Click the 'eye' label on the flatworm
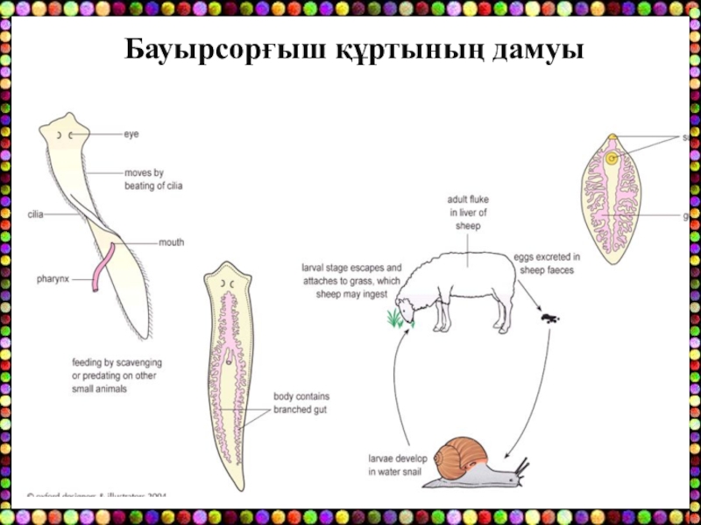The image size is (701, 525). tap(131, 134)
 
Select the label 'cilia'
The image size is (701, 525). tap(36, 213)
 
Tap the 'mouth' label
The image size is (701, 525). tap(171, 242)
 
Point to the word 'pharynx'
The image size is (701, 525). tap(53, 280)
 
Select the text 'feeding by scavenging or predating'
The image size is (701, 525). tap(117, 375)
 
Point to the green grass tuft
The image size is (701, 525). tap(397, 318)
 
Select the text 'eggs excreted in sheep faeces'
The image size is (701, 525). tap(547, 263)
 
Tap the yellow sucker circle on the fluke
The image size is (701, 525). tap(611, 158)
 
